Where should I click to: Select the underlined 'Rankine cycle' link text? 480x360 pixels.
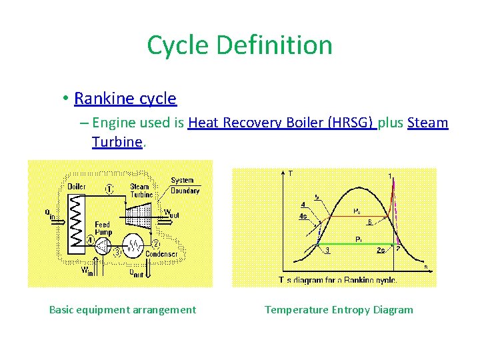(x=125, y=99)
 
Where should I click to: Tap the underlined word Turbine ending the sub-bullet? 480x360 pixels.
(x=117, y=142)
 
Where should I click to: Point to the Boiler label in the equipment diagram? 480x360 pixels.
(x=76, y=186)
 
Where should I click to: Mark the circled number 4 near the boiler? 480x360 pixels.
(x=90, y=240)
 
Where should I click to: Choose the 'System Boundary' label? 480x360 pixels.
(x=184, y=185)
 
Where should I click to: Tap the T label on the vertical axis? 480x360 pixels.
(x=290, y=174)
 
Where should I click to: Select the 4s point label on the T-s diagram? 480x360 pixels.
(x=303, y=216)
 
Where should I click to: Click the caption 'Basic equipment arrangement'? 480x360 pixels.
(x=123, y=309)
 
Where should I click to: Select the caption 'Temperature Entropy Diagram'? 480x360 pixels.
(x=339, y=309)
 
